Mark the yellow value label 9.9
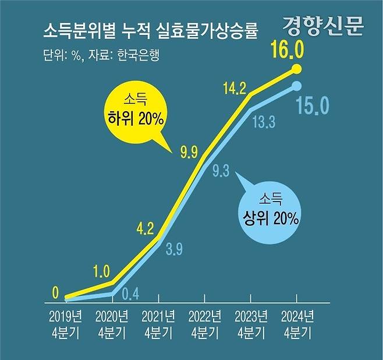(189, 153)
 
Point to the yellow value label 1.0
(101, 270)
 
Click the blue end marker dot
(296, 86)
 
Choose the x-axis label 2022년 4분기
(205, 325)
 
